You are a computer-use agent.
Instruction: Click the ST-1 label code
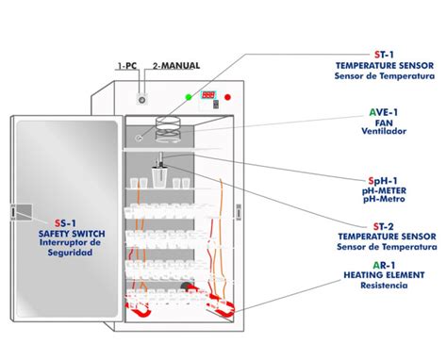point(384,55)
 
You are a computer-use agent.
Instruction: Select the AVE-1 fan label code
point(384,112)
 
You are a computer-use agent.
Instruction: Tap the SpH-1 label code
point(383,181)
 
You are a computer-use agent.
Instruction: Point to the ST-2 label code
point(384,226)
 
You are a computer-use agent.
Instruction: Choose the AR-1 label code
point(384,266)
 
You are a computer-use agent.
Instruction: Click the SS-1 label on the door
point(65,223)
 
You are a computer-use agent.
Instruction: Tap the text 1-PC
point(127,66)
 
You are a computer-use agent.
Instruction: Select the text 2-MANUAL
point(176,66)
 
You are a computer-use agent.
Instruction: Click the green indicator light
point(189,97)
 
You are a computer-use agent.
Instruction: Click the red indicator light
point(227,97)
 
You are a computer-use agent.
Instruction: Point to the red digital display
point(208,95)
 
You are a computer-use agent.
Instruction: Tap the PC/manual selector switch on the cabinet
point(142,100)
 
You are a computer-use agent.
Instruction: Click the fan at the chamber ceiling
point(168,129)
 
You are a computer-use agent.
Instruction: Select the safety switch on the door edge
point(13,212)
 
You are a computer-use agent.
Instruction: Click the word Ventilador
point(384,131)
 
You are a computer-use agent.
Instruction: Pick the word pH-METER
point(384,190)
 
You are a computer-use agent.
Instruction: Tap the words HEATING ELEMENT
point(384,275)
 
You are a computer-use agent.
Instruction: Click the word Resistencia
point(384,286)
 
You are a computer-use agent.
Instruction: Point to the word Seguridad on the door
point(70,253)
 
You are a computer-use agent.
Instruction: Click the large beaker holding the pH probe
point(159,178)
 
